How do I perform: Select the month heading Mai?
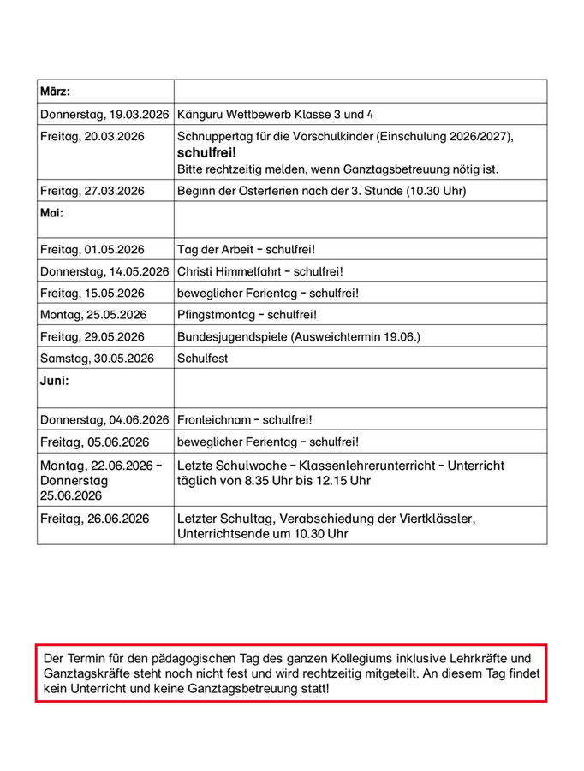(x=51, y=213)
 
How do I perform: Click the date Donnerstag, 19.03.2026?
(x=104, y=114)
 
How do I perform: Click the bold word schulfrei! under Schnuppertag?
(x=206, y=152)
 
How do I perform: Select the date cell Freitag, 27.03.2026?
(x=92, y=191)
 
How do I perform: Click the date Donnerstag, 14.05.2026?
(x=104, y=271)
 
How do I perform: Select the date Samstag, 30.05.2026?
(x=98, y=359)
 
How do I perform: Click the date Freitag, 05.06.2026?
(x=94, y=442)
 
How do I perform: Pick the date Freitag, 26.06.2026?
(x=94, y=519)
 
